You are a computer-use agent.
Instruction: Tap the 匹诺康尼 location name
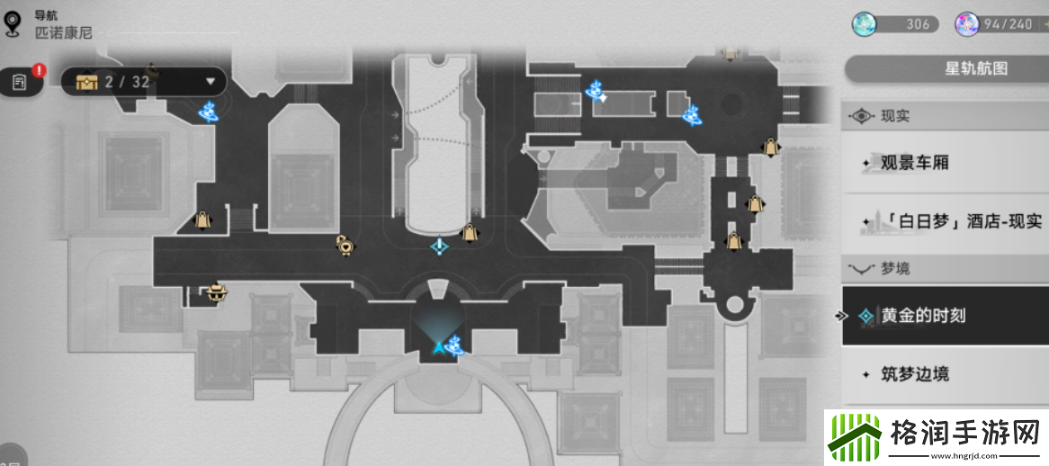click(x=63, y=33)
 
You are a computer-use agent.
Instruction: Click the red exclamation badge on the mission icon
click(x=39, y=69)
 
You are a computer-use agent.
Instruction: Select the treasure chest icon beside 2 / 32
click(x=86, y=82)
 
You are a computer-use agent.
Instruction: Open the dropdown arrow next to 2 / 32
click(x=211, y=82)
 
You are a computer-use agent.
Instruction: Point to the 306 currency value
click(x=918, y=24)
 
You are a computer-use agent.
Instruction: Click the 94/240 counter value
click(x=1007, y=24)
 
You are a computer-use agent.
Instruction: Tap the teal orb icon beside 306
click(x=865, y=24)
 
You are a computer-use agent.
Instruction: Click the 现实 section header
click(x=895, y=116)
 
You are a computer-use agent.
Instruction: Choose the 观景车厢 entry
click(x=914, y=164)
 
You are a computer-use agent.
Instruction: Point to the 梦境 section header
click(x=895, y=268)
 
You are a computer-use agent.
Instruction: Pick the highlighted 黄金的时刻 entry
click(x=910, y=316)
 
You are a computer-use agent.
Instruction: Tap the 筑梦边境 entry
click(x=914, y=374)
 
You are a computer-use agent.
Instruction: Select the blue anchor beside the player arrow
click(x=456, y=344)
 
